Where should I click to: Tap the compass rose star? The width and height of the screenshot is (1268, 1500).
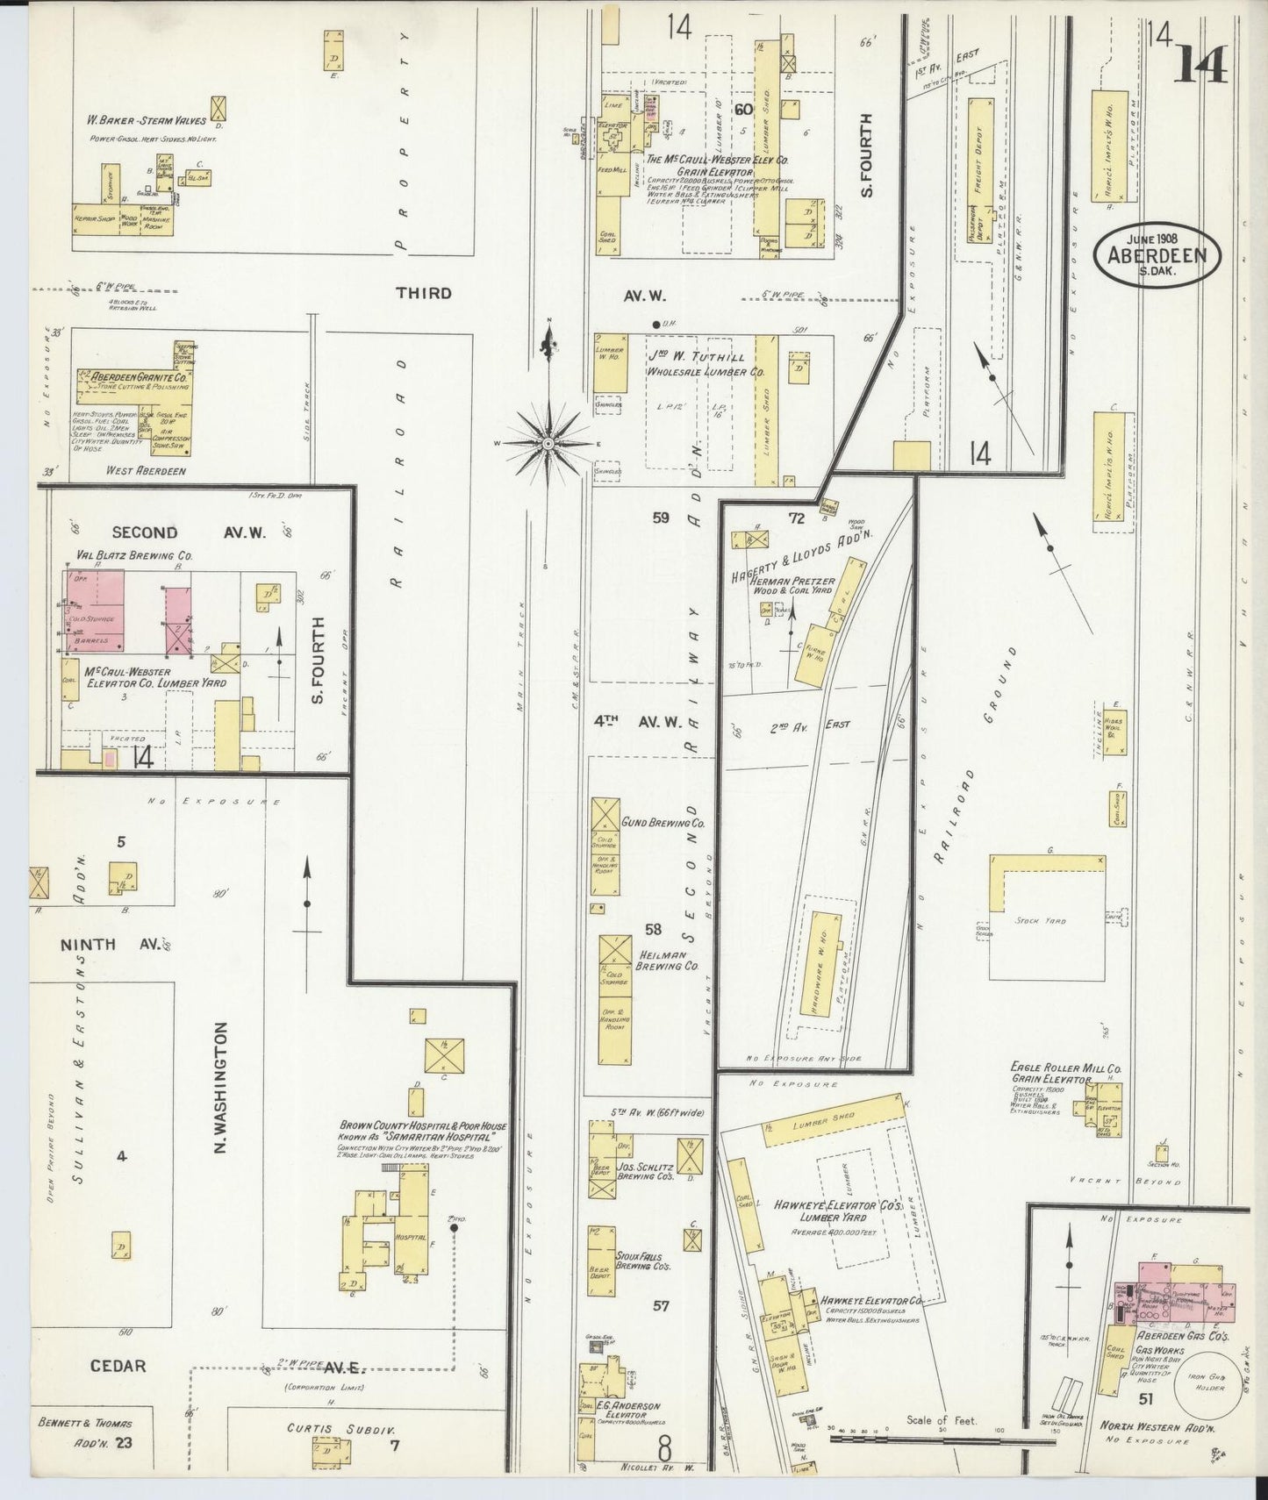click(548, 444)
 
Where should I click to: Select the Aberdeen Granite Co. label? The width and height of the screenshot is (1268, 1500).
click(133, 376)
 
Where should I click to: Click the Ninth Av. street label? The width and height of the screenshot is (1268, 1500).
click(111, 945)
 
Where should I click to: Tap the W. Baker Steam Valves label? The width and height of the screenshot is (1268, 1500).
click(146, 121)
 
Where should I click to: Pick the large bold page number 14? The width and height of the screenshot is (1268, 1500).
click(1201, 61)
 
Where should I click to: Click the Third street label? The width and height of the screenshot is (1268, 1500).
click(423, 293)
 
